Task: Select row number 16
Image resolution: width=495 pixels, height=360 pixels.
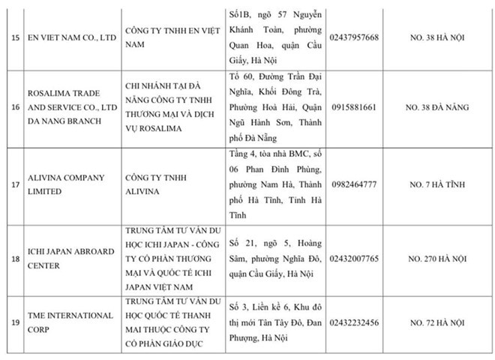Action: tap(13, 107)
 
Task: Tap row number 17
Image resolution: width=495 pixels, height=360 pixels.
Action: tap(13, 184)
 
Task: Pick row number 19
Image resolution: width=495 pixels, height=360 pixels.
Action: tap(13, 322)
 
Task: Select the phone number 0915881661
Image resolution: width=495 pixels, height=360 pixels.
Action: tap(353, 107)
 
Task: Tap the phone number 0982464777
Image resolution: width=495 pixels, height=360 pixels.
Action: tap(353, 184)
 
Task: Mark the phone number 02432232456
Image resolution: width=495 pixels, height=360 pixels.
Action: tap(353, 322)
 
